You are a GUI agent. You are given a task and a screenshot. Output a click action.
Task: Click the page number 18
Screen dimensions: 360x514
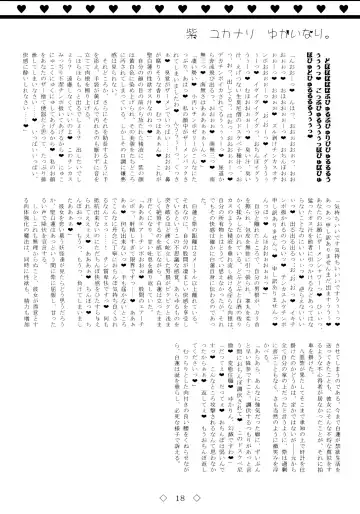pyautogui.click(x=180, y=498)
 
